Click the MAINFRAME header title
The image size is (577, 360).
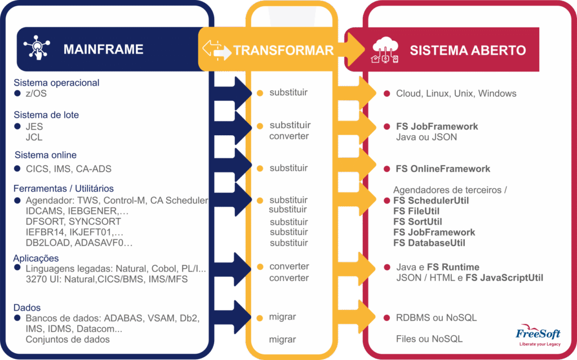tap(104, 50)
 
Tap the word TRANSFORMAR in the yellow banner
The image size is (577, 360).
tap(283, 51)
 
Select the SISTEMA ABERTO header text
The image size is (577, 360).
tap(468, 51)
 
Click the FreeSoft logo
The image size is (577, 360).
tap(538, 335)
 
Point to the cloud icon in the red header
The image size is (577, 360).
tap(385, 50)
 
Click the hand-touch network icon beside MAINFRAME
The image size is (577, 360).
tap(37, 47)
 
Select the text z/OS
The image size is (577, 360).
tap(36, 94)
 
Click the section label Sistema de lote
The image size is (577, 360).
tap(46, 115)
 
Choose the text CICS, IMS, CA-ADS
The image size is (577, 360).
tap(68, 169)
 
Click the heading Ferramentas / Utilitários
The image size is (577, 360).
tap(64, 189)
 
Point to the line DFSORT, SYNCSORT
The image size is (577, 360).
tap(73, 221)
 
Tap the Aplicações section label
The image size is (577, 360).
tap(36, 259)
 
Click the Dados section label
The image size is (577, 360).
tap(27, 308)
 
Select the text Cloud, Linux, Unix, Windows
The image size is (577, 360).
tap(456, 94)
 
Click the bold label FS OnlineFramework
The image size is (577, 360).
tap(443, 169)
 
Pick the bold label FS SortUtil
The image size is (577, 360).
tap(418, 222)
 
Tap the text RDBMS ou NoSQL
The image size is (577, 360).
tap(437, 318)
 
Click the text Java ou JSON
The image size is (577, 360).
tap(427, 137)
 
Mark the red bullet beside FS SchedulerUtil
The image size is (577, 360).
tap(387, 201)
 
